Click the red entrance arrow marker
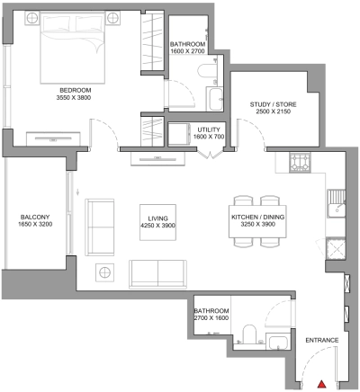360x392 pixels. tap(322, 385)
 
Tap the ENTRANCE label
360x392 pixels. tap(321, 341)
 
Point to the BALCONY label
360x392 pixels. tap(37, 218)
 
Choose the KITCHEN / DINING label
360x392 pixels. tap(256, 218)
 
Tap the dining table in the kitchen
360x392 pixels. tap(256, 217)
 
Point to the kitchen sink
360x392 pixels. tap(337, 202)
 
